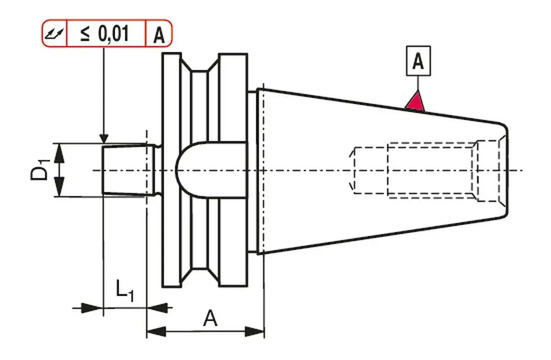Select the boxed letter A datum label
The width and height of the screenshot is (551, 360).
[418, 62]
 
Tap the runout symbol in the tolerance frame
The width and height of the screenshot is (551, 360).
[55, 34]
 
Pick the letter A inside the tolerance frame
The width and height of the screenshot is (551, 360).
[158, 35]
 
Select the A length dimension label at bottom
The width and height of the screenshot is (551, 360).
[210, 318]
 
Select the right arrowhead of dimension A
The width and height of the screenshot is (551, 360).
[257, 332]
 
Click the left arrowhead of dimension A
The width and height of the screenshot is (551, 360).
[155, 332]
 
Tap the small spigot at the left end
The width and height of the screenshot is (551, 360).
[126, 169]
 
